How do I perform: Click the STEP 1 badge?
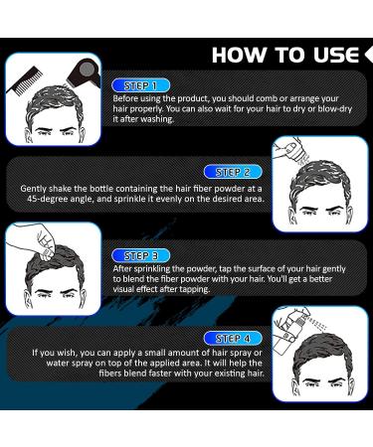click(141, 86)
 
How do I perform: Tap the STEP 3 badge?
click(141, 255)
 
